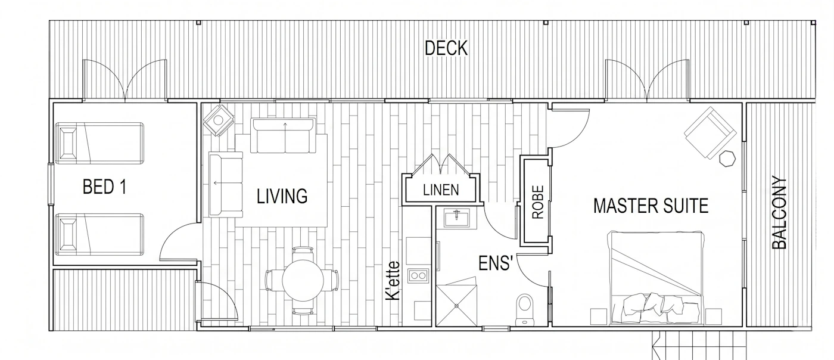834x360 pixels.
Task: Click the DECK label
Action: (x=446, y=48)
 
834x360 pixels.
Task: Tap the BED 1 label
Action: (x=105, y=187)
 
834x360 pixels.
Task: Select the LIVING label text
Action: (x=282, y=196)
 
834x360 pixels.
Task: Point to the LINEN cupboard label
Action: (x=441, y=190)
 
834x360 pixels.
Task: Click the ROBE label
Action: (x=538, y=202)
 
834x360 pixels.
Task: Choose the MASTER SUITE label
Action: (x=651, y=206)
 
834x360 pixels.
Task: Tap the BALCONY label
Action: (x=779, y=212)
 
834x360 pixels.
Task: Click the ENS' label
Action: (x=495, y=263)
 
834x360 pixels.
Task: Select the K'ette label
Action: (x=393, y=280)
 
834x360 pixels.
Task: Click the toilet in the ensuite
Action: (x=525, y=309)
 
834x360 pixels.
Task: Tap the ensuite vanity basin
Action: (x=457, y=218)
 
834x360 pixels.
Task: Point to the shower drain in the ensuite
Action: (x=456, y=306)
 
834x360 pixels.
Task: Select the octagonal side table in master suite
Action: (x=727, y=159)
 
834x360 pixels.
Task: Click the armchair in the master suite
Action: (x=710, y=133)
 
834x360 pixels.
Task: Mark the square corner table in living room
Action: (x=219, y=120)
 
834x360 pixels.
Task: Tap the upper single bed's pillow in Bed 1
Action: (x=68, y=143)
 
